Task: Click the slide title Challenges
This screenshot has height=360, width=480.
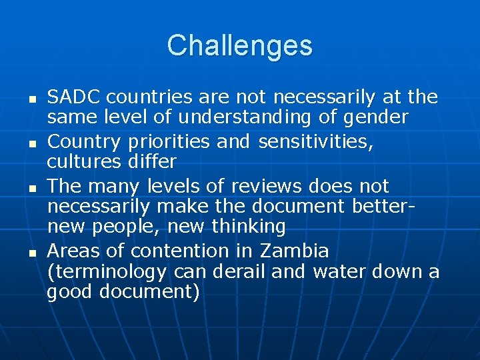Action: point(239,45)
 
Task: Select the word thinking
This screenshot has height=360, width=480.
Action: point(249,227)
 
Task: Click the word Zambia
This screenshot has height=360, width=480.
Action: point(295,251)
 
